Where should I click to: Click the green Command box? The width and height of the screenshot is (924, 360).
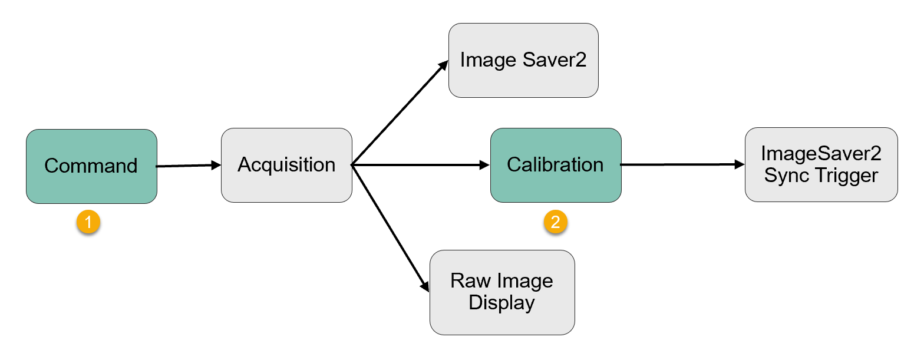point(91,166)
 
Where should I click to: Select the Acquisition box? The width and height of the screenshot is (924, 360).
point(286,165)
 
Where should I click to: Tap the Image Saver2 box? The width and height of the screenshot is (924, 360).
point(523,60)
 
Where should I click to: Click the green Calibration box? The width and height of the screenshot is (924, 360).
point(556,165)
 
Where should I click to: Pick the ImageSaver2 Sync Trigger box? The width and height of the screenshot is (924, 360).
point(821,164)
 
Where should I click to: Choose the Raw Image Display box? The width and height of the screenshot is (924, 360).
point(501,292)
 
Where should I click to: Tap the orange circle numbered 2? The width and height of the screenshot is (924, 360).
point(555,222)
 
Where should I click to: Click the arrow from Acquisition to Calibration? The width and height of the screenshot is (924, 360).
point(421,166)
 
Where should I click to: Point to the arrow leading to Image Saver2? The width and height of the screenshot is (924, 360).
point(401,112)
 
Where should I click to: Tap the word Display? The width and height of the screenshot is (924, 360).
point(501,303)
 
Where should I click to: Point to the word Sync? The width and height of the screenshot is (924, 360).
point(785,175)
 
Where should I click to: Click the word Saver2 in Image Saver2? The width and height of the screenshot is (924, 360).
point(557,60)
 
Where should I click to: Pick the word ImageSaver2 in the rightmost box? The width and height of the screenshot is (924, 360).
point(821,154)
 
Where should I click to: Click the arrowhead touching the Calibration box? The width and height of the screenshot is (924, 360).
point(485,166)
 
